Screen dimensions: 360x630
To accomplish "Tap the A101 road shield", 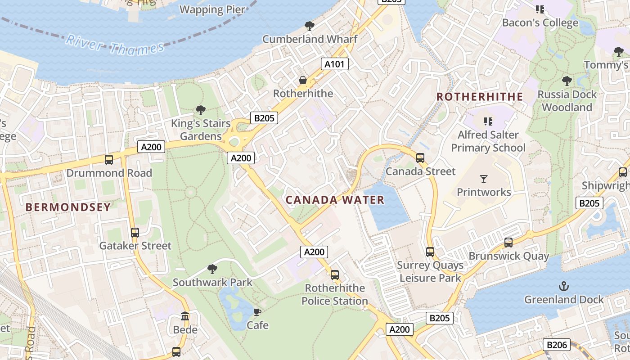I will point(335,64).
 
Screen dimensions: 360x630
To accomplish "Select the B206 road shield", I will point(556,345).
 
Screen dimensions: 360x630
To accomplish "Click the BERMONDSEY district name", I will point(68,207).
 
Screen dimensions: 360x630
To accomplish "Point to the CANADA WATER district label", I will point(335,200).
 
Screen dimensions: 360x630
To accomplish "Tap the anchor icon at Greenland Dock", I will point(563,286).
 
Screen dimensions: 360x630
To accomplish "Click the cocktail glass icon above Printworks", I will point(484,179).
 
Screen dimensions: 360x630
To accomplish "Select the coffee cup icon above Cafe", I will point(257,312).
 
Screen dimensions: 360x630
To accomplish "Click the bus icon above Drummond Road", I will point(108,160).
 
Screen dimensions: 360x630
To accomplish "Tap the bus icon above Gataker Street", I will point(135,233).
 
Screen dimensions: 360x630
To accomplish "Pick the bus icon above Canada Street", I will point(420,158).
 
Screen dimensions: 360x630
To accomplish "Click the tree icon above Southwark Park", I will point(212,269).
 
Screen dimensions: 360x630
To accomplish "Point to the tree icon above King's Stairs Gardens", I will point(201,110).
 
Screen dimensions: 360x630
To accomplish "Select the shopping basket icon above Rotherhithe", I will point(303,81).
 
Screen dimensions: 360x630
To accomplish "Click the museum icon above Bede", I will point(185,316).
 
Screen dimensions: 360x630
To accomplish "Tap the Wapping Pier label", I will point(212,9).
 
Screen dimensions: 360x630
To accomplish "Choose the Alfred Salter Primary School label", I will point(488,141).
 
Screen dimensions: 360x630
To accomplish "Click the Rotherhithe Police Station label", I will point(335,294).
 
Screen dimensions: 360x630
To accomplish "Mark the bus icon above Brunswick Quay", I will point(508,243).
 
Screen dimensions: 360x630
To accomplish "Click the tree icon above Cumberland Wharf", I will point(309,26).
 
